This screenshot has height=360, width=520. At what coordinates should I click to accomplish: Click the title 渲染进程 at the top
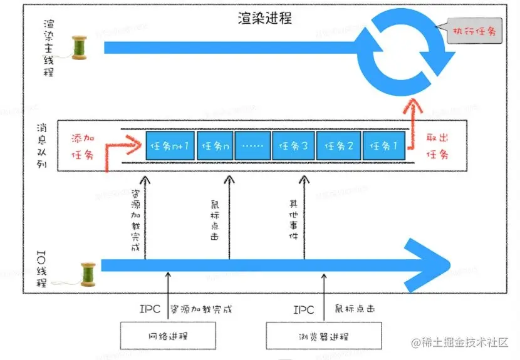266,18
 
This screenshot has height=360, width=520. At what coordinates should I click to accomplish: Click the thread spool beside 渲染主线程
80,48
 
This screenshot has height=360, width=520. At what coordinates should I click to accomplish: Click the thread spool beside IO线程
87,273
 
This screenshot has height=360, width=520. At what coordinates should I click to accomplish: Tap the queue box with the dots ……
253,146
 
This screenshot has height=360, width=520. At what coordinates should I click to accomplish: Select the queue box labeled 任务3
293,146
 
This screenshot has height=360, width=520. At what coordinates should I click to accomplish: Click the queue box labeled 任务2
338,146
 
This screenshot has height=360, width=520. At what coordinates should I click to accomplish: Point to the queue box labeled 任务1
383,146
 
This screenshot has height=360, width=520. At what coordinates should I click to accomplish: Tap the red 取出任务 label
439,145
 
